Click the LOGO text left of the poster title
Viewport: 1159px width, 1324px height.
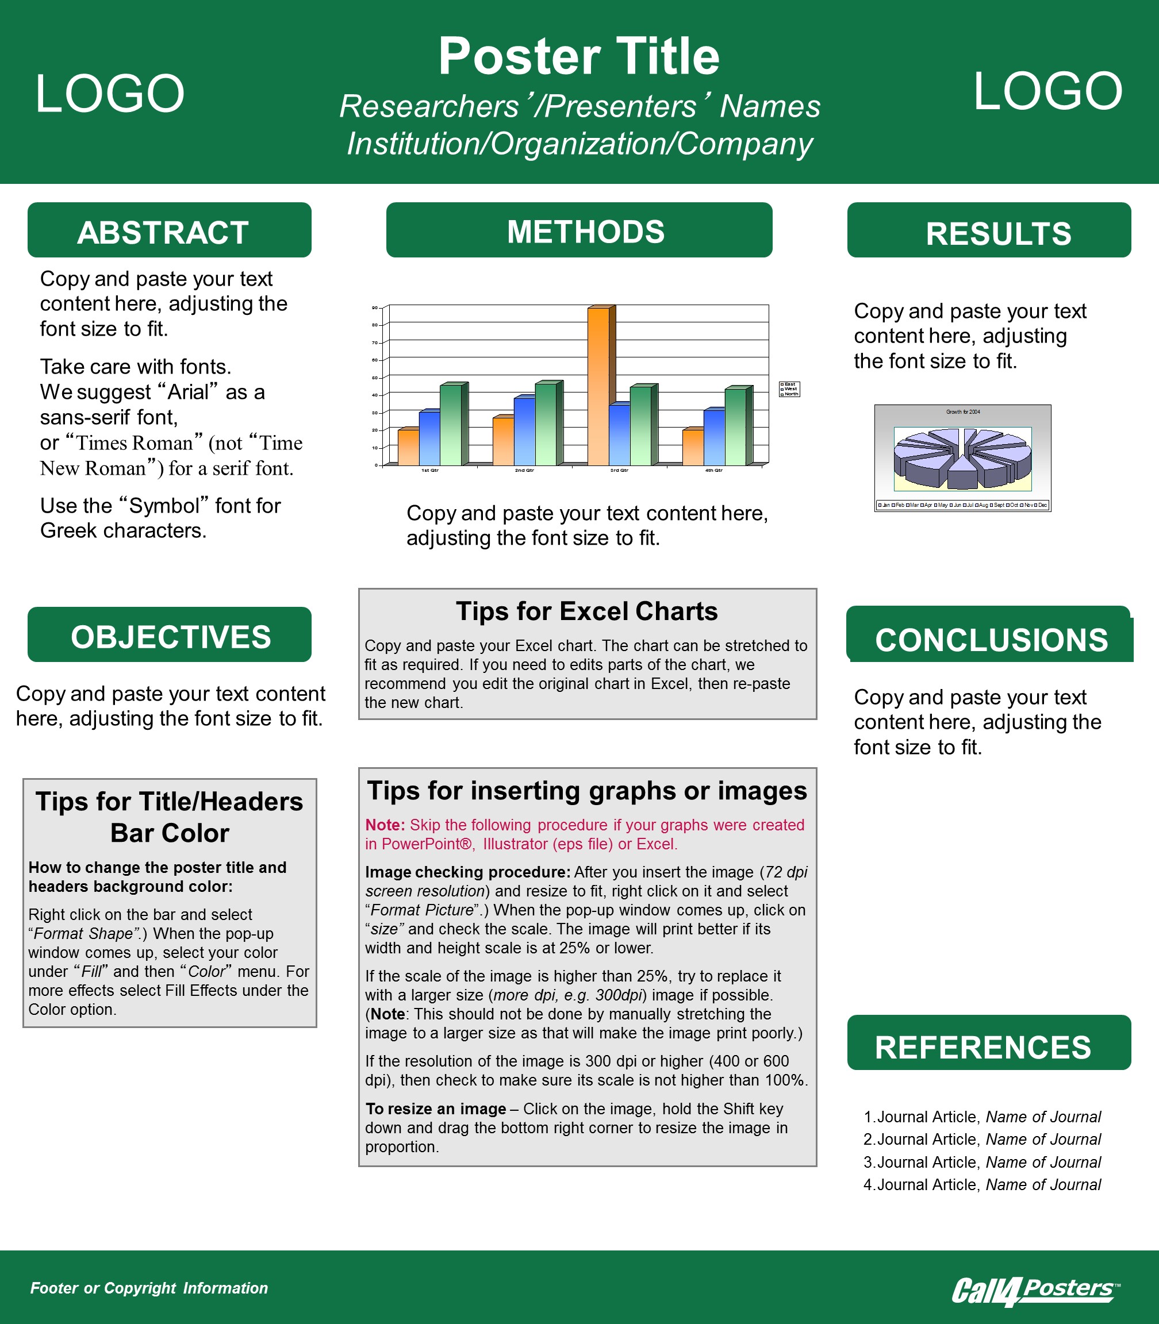110,94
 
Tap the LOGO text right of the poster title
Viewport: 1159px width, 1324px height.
1047,92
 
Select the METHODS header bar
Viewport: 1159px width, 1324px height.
579,231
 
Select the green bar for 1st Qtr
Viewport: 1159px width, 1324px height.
451,424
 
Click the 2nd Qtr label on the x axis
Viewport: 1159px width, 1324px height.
524,471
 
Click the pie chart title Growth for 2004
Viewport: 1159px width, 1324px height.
962,412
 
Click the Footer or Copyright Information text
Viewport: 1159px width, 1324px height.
149,1288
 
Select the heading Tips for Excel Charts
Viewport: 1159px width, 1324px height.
586,611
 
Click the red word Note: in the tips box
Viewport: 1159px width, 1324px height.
385,825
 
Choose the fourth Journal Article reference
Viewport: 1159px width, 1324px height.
982,1184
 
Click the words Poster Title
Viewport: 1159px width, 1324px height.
579,56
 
